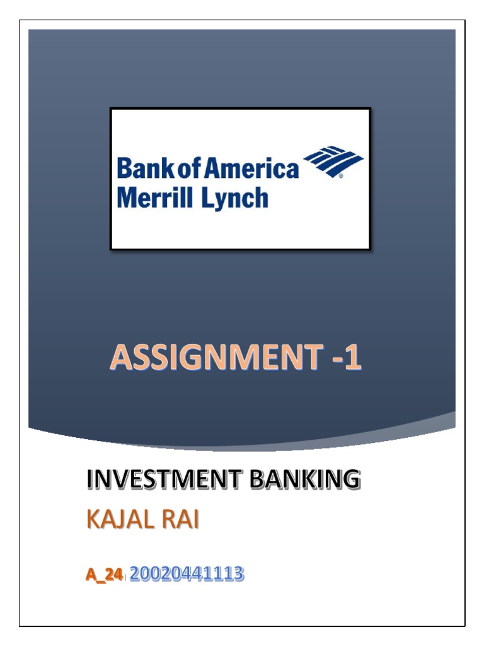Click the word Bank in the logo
coord(140,169)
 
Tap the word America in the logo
coord(259,169)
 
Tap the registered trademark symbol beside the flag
coord(341,177)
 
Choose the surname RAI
coord(180,522)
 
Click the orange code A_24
coord(104,575)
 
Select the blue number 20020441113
coord(187,574)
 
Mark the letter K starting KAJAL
coord(92,522)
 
